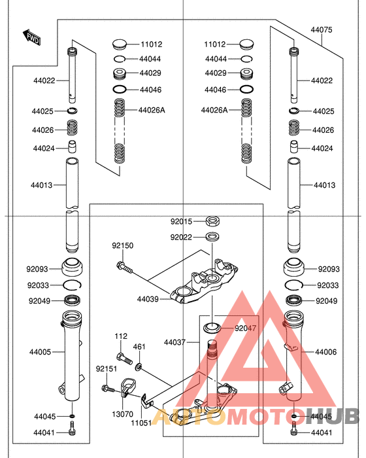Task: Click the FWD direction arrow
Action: [x=31, y=37]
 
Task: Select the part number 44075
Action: [x=322, y=30]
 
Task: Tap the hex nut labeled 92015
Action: [x=213, y=221]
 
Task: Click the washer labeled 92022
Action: [x=213, y=237]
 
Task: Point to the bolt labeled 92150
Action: [x=125, y=268]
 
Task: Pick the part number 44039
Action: [x=148, y=299]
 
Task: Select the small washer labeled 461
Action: [x=139, y=366]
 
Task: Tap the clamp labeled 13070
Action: [x=127, y=387]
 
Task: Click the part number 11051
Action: [x=141, y=423]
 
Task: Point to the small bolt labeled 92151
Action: [x=108, y=389]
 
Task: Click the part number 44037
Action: [x=175, y=342]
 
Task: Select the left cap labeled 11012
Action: [x=120, y=44]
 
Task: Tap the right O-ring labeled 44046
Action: [x=246, y=90]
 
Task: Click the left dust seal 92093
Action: [x=72, y=267]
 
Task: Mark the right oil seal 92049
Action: [x=293, y=300]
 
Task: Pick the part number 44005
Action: [x=40, y=352]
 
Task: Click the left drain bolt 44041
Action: [x=72, y=428]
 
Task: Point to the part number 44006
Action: [x=325, y=352]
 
